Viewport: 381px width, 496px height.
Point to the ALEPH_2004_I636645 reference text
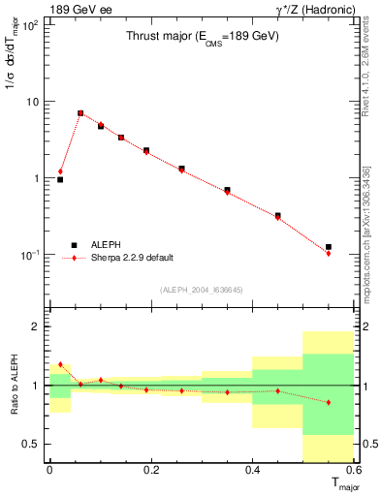[202, 289]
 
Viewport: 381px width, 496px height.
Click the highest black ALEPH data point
[80, 113]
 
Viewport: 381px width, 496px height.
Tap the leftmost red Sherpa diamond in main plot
[60, 171]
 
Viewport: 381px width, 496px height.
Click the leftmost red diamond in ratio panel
[60, 364]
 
